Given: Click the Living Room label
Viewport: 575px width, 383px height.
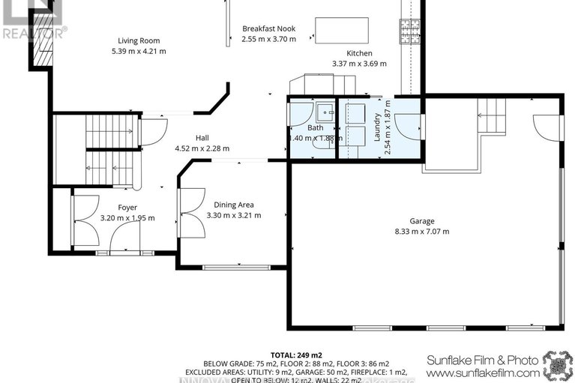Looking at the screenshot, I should (x=139, y=40).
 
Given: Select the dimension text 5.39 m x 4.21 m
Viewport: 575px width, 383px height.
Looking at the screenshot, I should (x=139, y=52).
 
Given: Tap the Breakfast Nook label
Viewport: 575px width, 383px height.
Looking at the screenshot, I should (x=268, y=28).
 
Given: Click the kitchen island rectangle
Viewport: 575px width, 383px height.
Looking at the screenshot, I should (x=342, y=29).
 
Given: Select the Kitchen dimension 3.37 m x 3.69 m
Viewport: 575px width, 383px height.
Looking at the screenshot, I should (x=359, y=64).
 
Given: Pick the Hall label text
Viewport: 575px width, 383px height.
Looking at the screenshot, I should (x=202, y=138).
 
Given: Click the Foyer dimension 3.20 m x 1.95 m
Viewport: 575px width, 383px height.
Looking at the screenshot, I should (x=127, y=218).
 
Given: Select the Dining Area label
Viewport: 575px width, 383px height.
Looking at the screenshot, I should (x=234, y=205).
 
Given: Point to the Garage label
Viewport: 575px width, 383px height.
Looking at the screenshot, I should (x=421, y=221).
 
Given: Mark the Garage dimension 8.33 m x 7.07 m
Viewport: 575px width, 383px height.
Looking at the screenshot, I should (x=421, y=232).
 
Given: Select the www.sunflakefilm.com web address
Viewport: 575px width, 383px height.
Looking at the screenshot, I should (x=482, y=373).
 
